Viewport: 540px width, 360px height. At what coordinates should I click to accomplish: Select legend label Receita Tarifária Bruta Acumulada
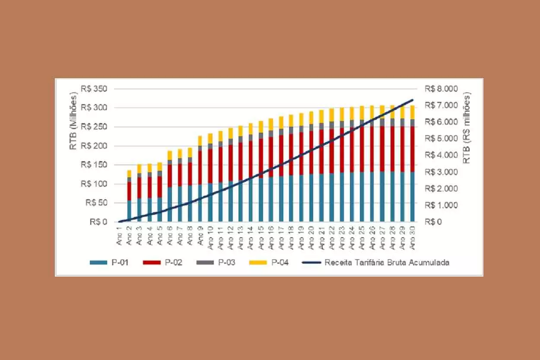coord(387,262)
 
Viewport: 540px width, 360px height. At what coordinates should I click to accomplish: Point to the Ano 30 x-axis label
coord(412,238)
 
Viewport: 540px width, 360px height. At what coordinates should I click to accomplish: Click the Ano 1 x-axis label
coord(120,236)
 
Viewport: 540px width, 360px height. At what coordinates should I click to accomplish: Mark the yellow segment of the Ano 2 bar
coord(129,173)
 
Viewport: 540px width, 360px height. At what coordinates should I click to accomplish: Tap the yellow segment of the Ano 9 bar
coord(200,140)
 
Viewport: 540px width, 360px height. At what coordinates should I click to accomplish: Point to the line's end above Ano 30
coord(412,100)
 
